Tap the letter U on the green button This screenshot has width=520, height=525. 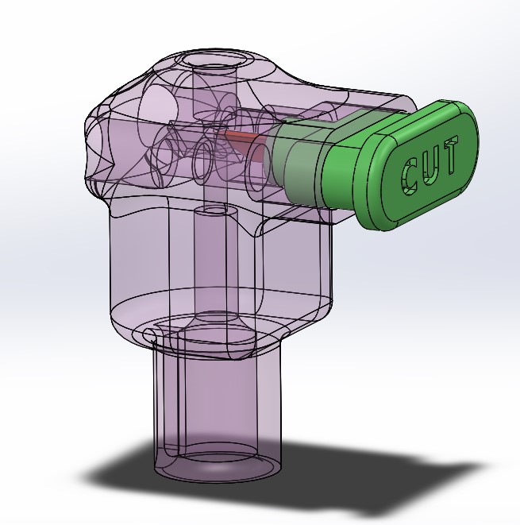pos(431,167)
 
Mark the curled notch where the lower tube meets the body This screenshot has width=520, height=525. pos(151,334)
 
